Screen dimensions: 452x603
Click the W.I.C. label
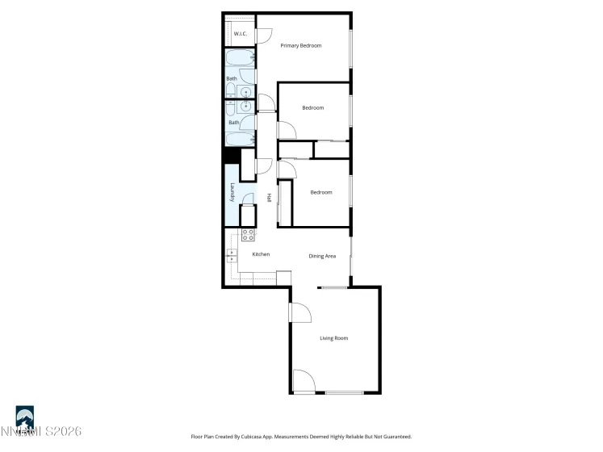pyautogui.click(x=240, y=34)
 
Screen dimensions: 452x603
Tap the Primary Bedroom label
pyautogui.click(x=300, y=46)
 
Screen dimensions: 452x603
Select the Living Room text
pyautogui.click(x=333, y=338)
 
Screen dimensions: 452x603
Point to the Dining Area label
pyautogui.click(x=322, y=256)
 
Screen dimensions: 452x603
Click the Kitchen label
pyautogui.click(x=261, y=255)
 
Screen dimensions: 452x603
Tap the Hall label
pyautogui.click(x=269, y=198)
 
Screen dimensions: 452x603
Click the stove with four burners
pyautogui.click(x=249, y=235)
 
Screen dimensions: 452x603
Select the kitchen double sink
pyautogui.click(x=232, y=256)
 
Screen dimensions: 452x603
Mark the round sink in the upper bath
pyautogui.click(x=245, y=92)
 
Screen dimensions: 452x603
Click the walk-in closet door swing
pyautogui.click(x=263, y=35)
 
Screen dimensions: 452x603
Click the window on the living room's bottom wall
pyautogui.click(x=344, y=393)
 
